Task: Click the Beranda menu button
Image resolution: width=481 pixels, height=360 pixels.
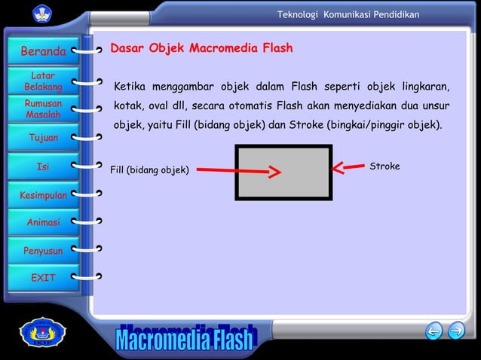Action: pyautogui.click(x=42, y=52)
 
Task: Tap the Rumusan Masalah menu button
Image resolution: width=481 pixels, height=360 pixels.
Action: pyautogui.click(x=43, y=109)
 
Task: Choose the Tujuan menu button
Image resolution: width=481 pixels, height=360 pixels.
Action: pyautogui.click(x=43, y=138)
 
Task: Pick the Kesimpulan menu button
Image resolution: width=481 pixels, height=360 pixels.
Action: pyautogui.click(x=43, y=195)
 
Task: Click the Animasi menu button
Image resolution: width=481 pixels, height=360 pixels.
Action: pyautogui.click(x=43, y=223)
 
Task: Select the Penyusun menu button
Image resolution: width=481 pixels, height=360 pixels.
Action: pyautogui.click(x=43, y=251)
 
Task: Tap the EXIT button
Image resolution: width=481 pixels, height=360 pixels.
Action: pyautogui.click(x=43, y=278)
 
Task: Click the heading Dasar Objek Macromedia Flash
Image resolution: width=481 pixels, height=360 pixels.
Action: pyautogui.click(x=201, y=49)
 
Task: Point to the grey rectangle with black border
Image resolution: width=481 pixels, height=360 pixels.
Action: pyautogui.click(x=283, y=172)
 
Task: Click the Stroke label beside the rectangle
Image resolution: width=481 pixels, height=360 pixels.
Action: pyautogui.click(x=384, y=166)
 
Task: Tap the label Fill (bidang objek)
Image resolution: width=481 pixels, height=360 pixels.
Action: pyautogui.click(x=149, y=170)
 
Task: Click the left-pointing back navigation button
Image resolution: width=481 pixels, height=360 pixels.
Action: pyautogui.click(x=434, y=331)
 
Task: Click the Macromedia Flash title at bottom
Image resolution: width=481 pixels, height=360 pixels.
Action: pyautogui.click(x=185, y=341)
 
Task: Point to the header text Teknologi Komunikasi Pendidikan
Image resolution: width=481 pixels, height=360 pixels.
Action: pyautogui.click(x=348, y=15)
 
